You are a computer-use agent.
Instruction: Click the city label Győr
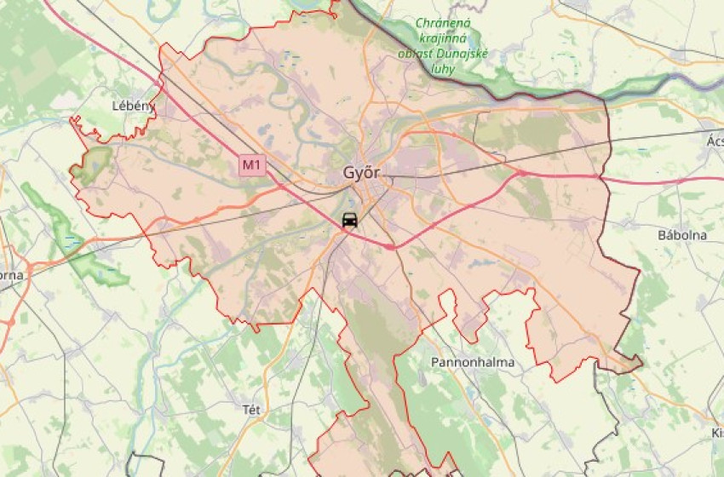(361, 173)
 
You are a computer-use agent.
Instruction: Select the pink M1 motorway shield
(250, 164)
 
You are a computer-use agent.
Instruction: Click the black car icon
(349, 220)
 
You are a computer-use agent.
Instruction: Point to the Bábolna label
(681, 234)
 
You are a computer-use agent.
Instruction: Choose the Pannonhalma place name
(473, 362)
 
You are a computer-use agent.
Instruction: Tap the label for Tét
(251, 410)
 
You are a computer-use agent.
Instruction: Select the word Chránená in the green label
(443, 25)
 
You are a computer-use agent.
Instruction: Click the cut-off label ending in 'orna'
(11, 275)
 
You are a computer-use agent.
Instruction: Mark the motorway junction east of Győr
(521, 173)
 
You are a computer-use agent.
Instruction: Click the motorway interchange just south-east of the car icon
(389, 247)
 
